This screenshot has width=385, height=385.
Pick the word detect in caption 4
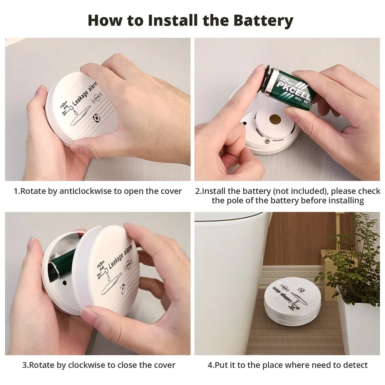point(355,365)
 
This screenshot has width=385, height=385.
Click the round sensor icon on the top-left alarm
point(96,118)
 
